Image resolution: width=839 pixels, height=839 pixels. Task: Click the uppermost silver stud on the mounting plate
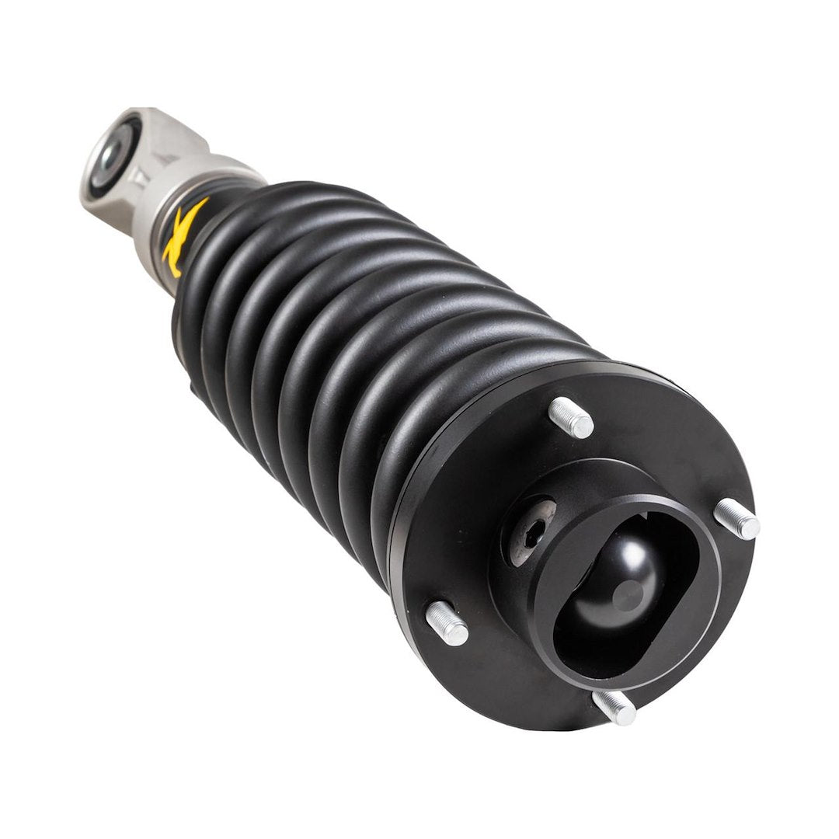[571, 417]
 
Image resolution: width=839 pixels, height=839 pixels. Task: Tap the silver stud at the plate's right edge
[736, 518]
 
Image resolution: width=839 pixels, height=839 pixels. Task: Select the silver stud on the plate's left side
[447, 623]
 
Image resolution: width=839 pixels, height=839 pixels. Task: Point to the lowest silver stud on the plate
[614, 706]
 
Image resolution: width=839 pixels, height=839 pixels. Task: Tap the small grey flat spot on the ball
[628, 596]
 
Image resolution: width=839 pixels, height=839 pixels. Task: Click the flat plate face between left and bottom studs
[505, 668]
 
